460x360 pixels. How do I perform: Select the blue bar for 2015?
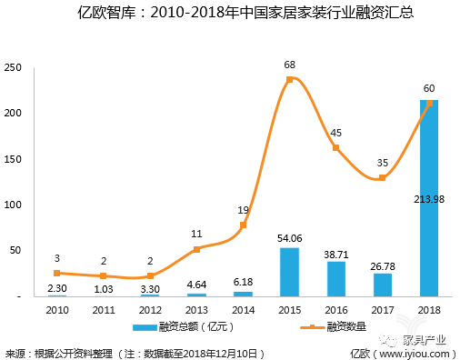coord(289,272)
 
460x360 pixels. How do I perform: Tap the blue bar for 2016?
coord(335,279)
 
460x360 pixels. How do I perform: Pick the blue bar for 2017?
coord(382,285)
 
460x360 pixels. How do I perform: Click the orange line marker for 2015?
coord(289,80)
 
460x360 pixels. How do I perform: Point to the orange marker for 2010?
coord(57,273)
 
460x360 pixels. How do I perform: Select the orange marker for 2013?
coord(196,249)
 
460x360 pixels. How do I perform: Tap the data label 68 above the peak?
coord(289,65)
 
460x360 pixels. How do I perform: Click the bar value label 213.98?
coord(428,199)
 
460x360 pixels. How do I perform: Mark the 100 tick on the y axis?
coord(14,205)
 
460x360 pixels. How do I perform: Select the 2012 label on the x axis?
coord(150,309)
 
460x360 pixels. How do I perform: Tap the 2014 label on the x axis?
coord(243,309)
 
